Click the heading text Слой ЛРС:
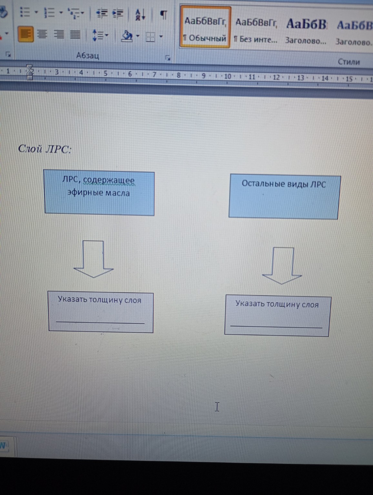(45, 149)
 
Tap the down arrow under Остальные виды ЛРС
(282, 266)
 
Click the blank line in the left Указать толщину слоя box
(100, 322)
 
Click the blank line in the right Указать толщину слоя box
(276, 326)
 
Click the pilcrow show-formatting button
(164, 14)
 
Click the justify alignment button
(75, 34)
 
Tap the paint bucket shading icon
(127, 36)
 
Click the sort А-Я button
(140, 14)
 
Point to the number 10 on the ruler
(228, 76)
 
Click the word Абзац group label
(87, 56)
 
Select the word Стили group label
(348, 62)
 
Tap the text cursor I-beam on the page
(217, 407)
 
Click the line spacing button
(98, 35)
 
